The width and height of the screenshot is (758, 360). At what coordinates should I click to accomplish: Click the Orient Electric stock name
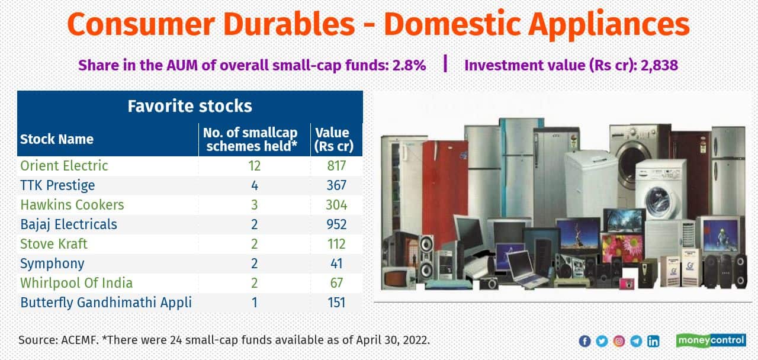click(64, 166)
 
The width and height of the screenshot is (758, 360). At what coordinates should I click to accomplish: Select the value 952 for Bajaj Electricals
click(336, 224)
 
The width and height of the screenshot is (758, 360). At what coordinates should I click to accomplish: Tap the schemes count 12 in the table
click(254, 166)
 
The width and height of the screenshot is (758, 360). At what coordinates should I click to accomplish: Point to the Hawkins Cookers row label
click(72, 205)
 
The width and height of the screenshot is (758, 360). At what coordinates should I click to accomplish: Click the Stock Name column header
click(57, 140)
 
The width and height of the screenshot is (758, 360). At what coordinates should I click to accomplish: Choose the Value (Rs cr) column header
click(332, 140)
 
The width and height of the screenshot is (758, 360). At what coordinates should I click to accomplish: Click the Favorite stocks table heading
click(189, 106)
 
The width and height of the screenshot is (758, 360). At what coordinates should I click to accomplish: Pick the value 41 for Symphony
click(336, 263)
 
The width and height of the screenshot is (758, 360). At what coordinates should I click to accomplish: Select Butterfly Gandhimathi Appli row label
click(105, 303)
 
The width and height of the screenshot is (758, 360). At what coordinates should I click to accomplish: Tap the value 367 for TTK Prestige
click(336, 185)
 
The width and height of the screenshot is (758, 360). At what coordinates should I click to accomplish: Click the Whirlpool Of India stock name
click(76, 283)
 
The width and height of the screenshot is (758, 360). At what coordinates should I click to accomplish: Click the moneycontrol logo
click(711, 340)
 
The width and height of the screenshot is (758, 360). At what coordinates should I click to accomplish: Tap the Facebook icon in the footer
click(584, 341)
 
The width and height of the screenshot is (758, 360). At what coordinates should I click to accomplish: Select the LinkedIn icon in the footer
click(653, 341)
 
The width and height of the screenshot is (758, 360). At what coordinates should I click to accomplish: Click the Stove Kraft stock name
click(53, 244)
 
